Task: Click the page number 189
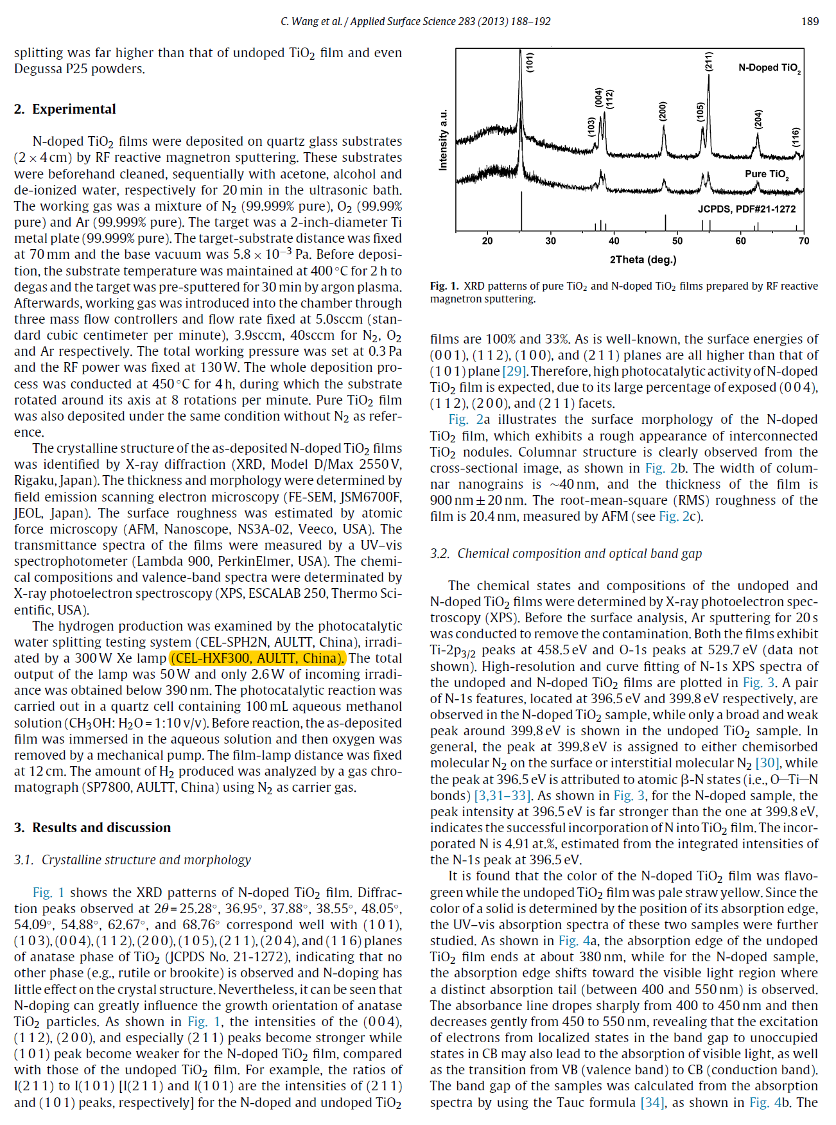click(810, 21)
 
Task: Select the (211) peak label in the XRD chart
click(709, 62)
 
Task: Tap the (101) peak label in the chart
click(530, 62)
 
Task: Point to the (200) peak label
click(663, 111)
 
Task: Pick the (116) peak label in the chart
click(796, 137)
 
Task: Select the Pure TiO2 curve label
click(767, 174)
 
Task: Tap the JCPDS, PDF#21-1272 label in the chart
click(747, 209)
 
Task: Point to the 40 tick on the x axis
click(614, 241)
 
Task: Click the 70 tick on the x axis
click(803, 241)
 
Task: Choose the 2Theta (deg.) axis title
click(643, 259)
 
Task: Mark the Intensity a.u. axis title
click(443, 140)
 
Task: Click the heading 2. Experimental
click(65, 109)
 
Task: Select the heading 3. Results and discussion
click(92, 828)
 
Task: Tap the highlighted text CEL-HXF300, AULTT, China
click(257, 658)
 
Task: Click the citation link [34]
click(652, 1103)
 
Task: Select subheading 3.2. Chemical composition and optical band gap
click(566, 554)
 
